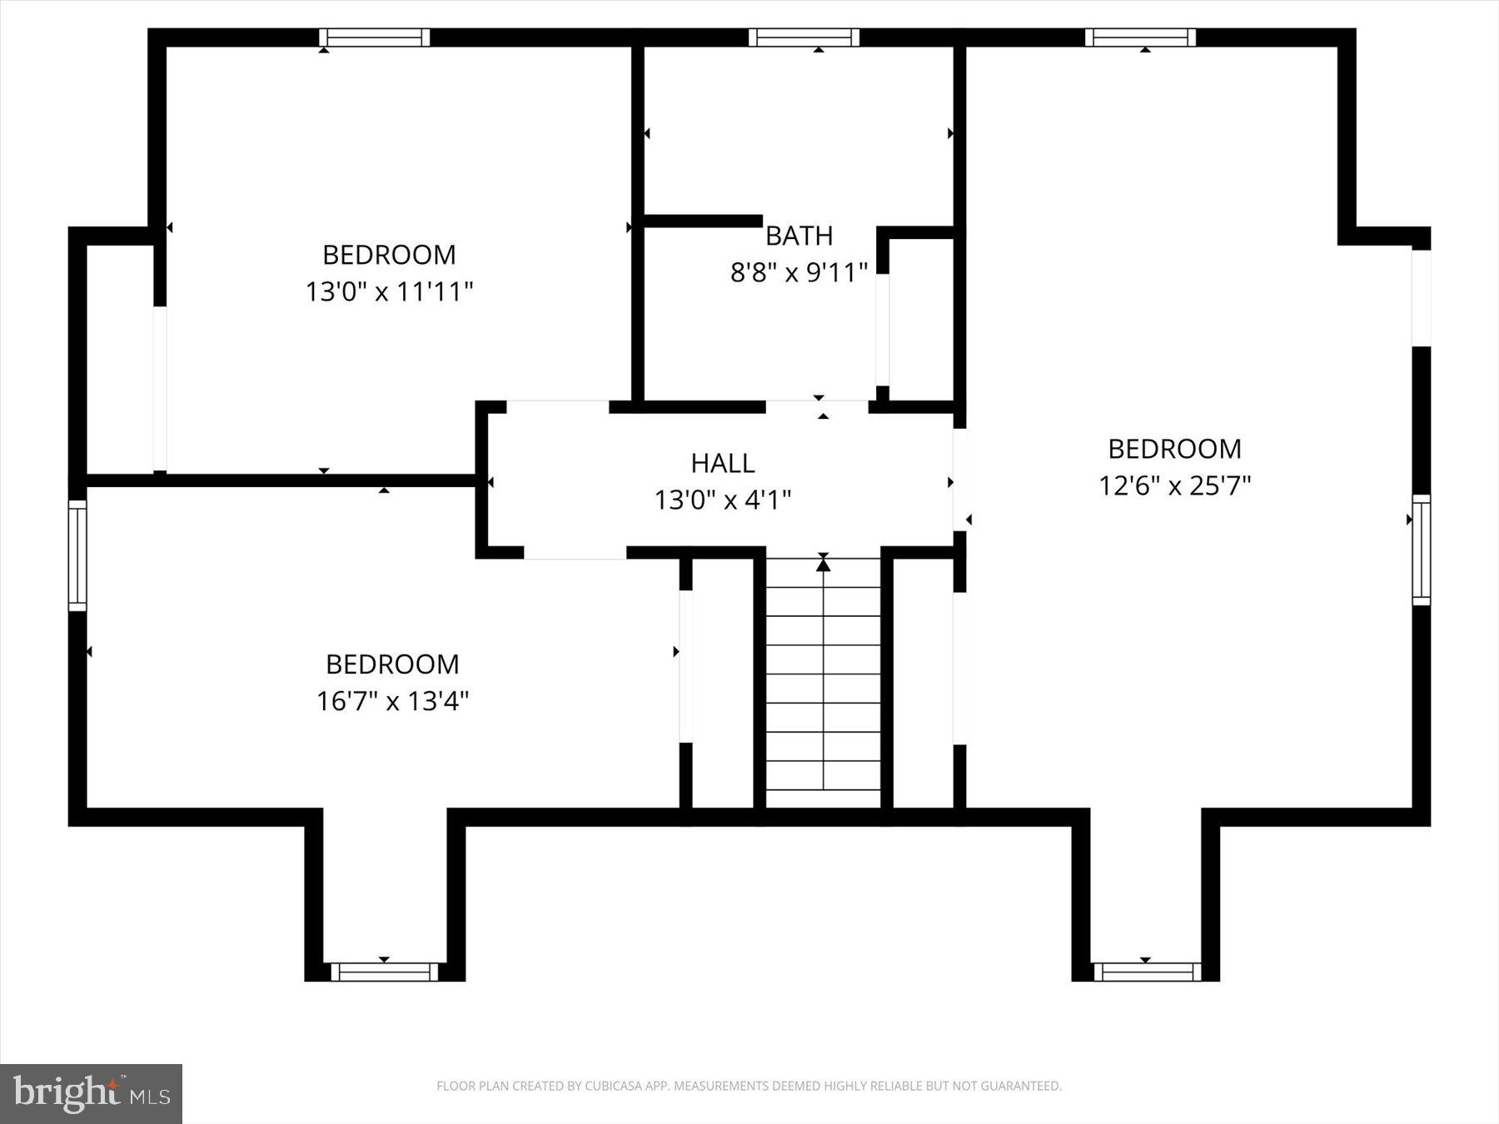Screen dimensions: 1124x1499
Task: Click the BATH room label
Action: [x=799, y=236]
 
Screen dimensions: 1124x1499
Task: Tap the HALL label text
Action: [x=722, y=463]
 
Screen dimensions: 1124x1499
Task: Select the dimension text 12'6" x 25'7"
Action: [x=1174, y=485]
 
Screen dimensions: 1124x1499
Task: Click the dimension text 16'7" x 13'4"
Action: [x=392, y=701]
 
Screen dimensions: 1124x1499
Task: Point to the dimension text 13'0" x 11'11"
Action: [x=389, y=291]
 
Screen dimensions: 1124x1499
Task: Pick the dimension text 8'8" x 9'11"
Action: [x=799, y=272]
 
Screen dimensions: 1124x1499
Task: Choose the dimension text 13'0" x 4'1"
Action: [x=722, y=500]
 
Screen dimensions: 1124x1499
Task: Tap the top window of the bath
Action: [x=804, y=37]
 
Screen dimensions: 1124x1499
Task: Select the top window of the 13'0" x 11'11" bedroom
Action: [x=375, y=37]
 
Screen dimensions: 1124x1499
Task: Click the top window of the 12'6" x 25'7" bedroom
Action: [x=1140, y=37]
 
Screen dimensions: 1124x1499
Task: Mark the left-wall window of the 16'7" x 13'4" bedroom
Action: [x=77, y=555]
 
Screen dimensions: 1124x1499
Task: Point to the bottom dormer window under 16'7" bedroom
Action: [x=384, y=972]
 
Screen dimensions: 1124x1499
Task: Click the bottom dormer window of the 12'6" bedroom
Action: [x=1147, y=972]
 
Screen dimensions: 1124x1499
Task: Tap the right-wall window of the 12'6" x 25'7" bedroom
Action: [x=1421, y=550]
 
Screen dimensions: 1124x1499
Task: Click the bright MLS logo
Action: [x=91, y=1093]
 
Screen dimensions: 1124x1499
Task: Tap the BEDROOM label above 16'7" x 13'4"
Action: [x=392, y=664]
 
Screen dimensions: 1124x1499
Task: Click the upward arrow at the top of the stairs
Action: [x=823, y=565]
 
